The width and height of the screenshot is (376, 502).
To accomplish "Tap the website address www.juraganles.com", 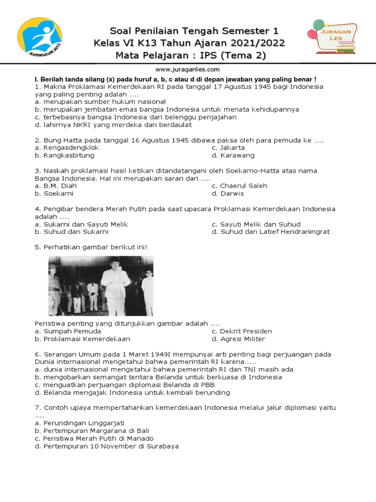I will coord(188,70).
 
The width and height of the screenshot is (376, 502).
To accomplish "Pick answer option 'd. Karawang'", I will coord(233,155).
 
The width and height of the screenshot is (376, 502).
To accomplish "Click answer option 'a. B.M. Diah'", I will coord(56,186).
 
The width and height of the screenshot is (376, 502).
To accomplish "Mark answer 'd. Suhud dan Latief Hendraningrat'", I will coord(271,232).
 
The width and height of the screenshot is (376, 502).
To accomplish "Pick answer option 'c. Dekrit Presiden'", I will coord(241,331).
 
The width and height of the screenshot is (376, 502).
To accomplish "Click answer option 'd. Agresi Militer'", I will coord(238,339).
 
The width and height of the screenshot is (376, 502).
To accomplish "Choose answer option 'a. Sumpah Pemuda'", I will coord(66,331).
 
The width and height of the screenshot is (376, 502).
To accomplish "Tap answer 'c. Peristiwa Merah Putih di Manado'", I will coord(94,438).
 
